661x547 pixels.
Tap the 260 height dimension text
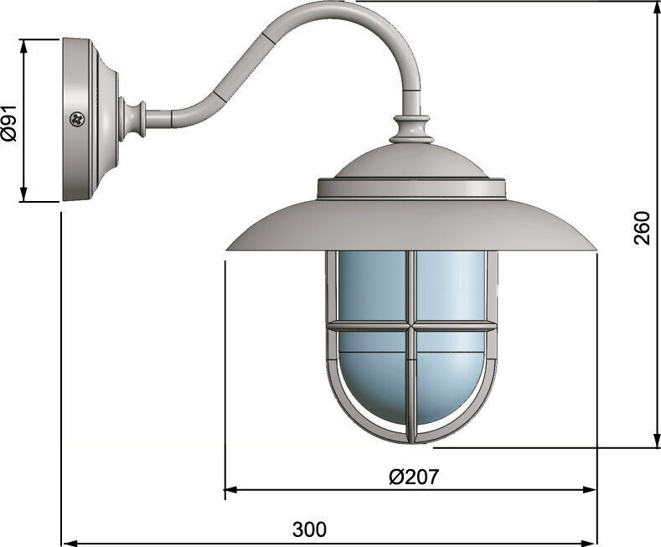(642, 228)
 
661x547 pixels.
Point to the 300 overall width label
(309, 529)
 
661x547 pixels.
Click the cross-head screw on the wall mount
(77, 120)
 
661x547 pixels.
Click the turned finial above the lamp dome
(412, 130)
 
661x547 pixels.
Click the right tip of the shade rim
(595, 249)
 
